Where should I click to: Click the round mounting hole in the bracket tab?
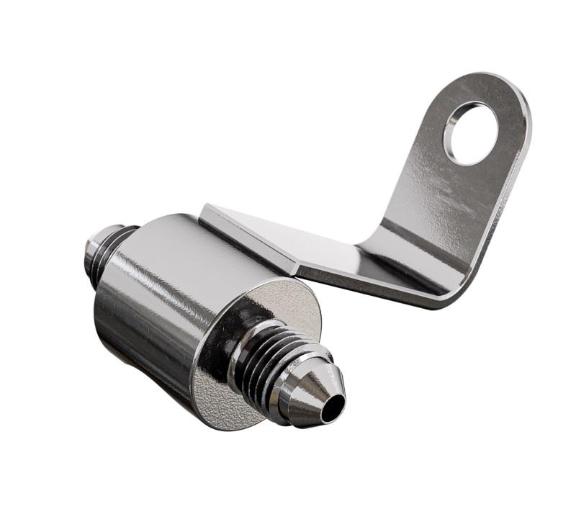coord(472,132)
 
